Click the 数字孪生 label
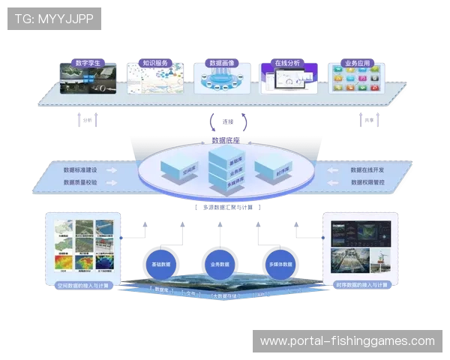click(88, 63)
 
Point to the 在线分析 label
click(287, 63)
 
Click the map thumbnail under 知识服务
click(154, 81)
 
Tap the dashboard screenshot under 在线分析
click(289, 81)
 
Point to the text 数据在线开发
click(367, 170)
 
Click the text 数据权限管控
click(367, 182)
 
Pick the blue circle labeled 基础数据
click(161, 265)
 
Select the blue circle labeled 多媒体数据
click(278, 265)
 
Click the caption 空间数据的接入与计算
click(84, 285)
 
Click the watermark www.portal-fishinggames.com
click(347, 341)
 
